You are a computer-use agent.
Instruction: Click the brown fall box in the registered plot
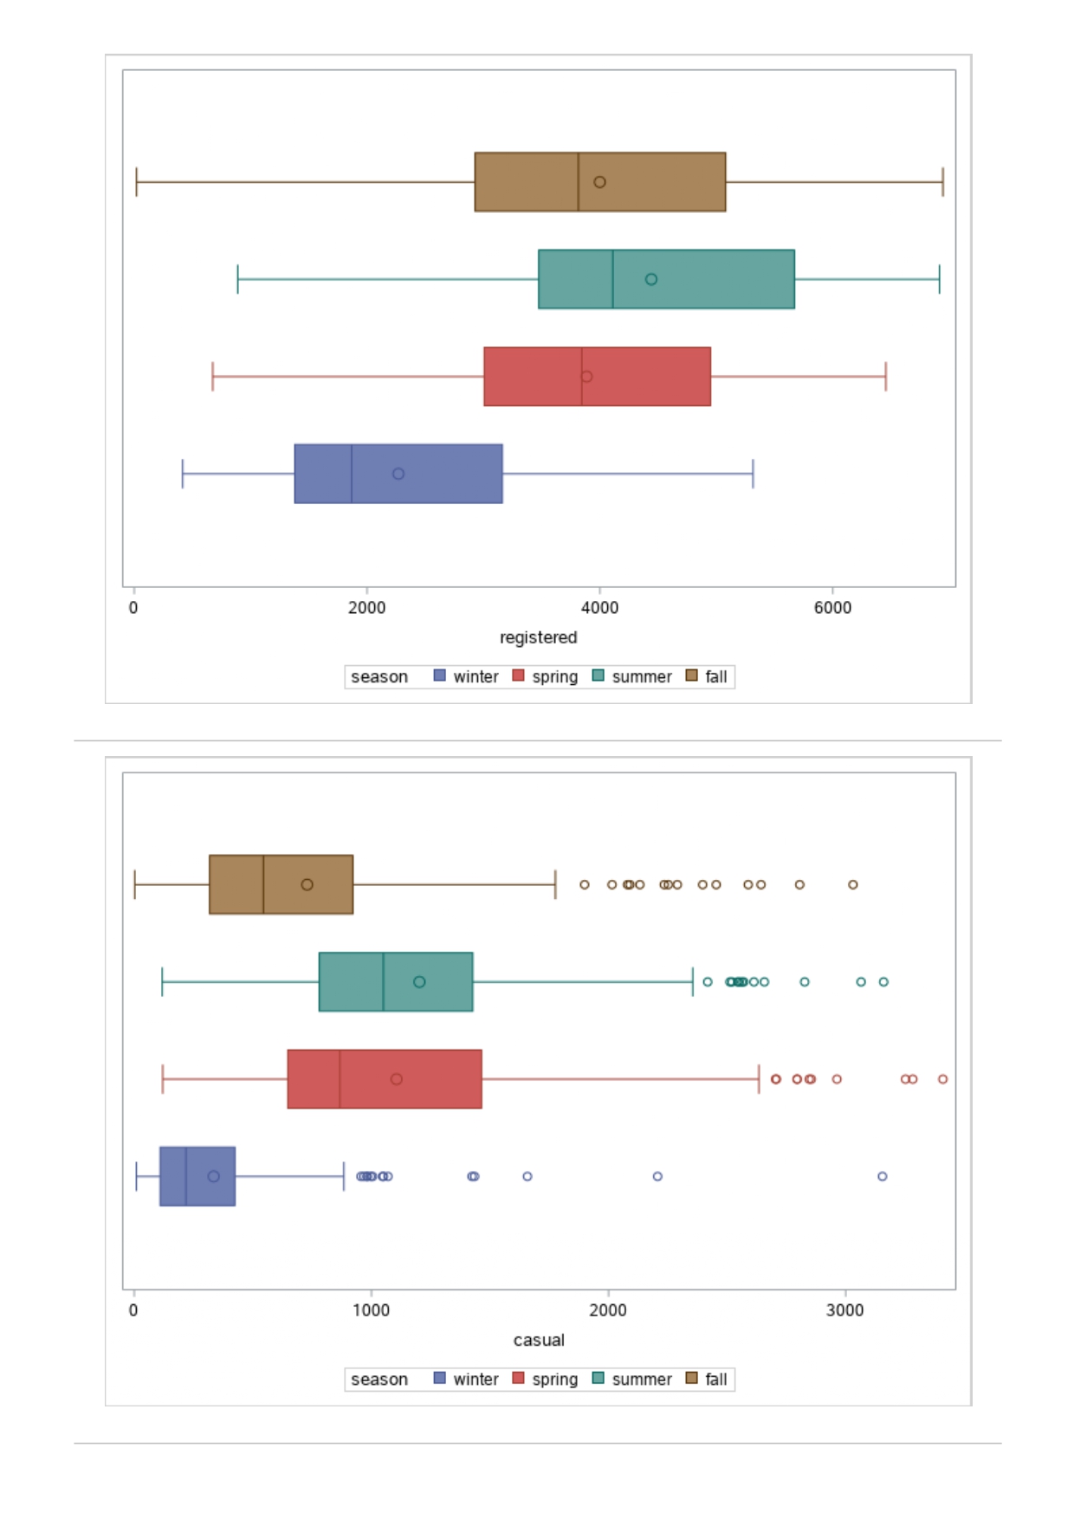tap(599, 182)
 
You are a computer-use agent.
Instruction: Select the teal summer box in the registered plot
tap(666, 279)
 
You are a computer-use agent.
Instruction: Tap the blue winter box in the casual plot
tap(197, 1176)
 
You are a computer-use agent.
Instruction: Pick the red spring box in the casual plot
tap(385, 1079)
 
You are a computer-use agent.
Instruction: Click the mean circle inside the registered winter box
tap(398, 474)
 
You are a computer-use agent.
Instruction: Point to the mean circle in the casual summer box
tap(419, 982)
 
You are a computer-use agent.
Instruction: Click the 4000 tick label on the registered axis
tap(599, 608)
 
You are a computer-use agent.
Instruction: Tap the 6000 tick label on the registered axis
tap(832, 608)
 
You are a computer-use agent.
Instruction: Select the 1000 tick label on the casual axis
tap(371, 1310)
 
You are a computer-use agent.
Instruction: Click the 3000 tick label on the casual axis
tap(844, 1310)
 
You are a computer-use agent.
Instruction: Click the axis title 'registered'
tap(538, 637)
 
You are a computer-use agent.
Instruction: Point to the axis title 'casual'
tap(539, 1340)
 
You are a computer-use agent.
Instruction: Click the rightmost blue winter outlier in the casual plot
tap(882, 1176)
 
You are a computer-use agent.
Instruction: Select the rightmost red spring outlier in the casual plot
tap(942, 1079)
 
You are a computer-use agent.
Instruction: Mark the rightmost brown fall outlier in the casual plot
tap(853, 884)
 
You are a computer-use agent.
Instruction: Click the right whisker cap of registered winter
tap(753, 474)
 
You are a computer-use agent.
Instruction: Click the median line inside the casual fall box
tap(263, 884)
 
